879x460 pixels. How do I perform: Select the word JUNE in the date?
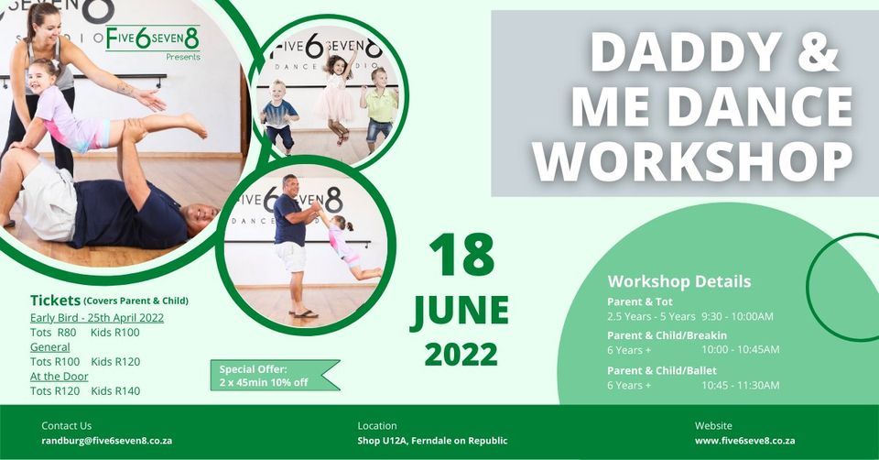[460, 312]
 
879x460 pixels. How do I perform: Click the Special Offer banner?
[270, 375]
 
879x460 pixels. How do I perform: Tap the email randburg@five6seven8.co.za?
[107, 441]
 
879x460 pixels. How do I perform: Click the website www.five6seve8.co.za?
[744, 441]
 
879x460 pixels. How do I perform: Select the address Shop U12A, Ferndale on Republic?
[432, 441]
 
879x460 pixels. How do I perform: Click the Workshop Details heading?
[679, 281]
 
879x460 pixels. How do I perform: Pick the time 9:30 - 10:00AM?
[737, 316]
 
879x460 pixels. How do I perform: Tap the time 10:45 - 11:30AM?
[741, 385]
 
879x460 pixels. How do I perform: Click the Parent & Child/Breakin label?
[667, 335]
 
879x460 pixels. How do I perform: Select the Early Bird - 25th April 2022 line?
[97, 317]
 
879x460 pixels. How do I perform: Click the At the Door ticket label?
[59, 377]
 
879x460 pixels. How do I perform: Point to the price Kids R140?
[115, 391]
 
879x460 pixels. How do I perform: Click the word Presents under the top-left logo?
[183, 57]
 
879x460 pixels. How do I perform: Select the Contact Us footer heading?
[67, 425]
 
